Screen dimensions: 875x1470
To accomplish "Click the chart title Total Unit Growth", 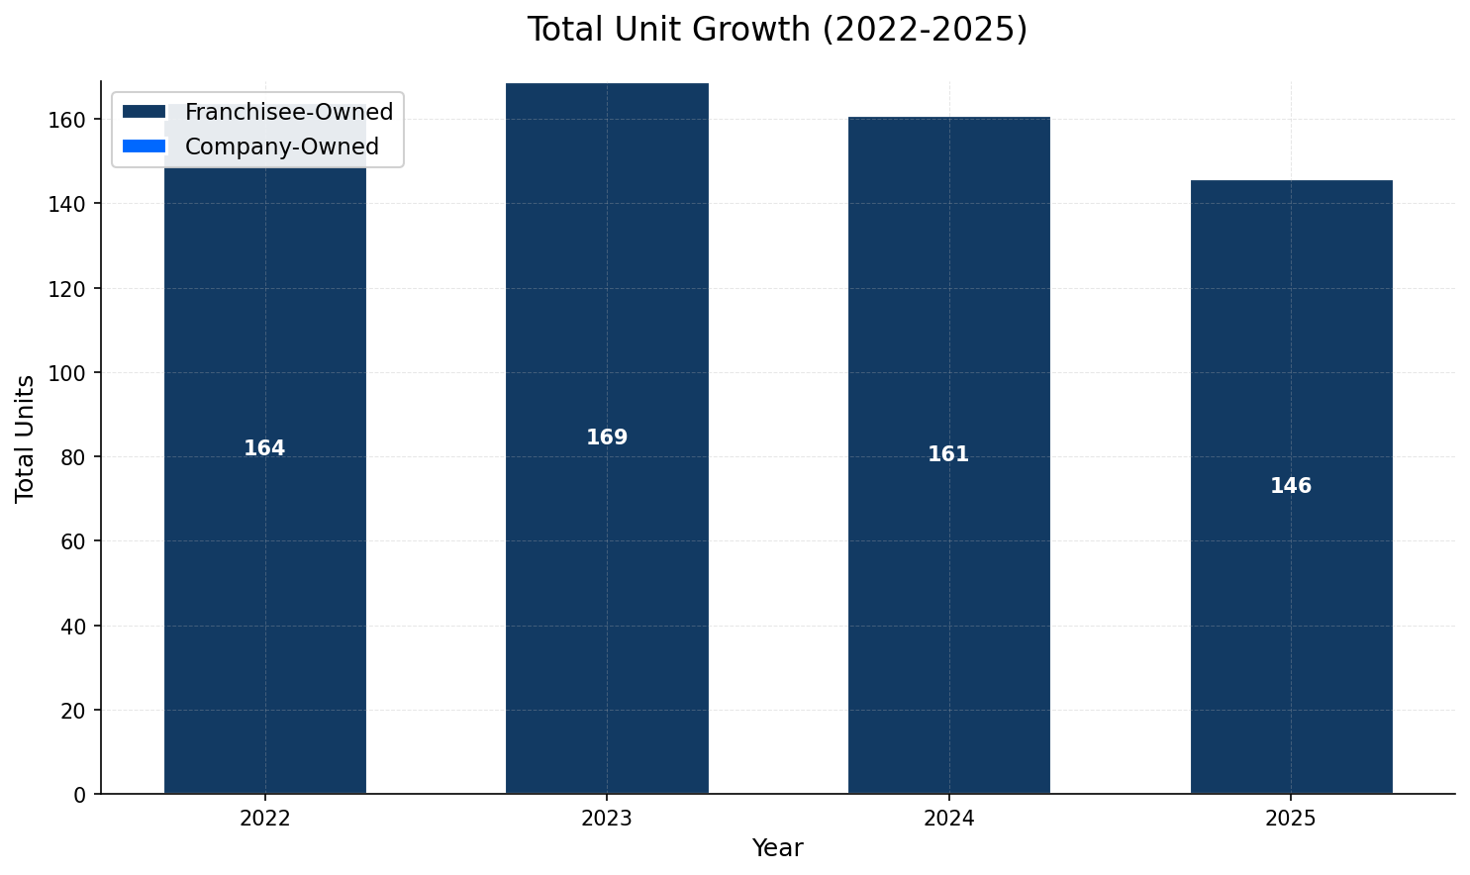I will (x=777, y=30).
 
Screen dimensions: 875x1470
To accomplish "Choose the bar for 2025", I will (x=1291, y=594).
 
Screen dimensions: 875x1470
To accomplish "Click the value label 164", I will (x=264, y=448).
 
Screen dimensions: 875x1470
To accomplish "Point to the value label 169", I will (x=607, y=437).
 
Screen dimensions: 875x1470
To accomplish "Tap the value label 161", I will (x=948, y=454).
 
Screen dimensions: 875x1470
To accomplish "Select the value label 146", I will (x=1291, y=486).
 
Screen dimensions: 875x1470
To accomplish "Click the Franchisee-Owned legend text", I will (x=289, y=112).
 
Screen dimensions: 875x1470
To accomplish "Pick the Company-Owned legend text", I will (x=282, y=146).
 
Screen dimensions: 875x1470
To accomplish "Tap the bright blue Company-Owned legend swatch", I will (x=145, y=146).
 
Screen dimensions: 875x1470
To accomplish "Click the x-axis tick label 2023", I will (x=607, y=819).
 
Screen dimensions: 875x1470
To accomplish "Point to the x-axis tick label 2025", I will (x=1291, y=819).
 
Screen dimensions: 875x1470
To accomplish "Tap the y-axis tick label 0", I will (x=81, y=795).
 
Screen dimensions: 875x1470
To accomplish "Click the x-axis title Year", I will (x=777, y=848).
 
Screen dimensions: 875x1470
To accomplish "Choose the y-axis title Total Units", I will (x=26, y=437).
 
